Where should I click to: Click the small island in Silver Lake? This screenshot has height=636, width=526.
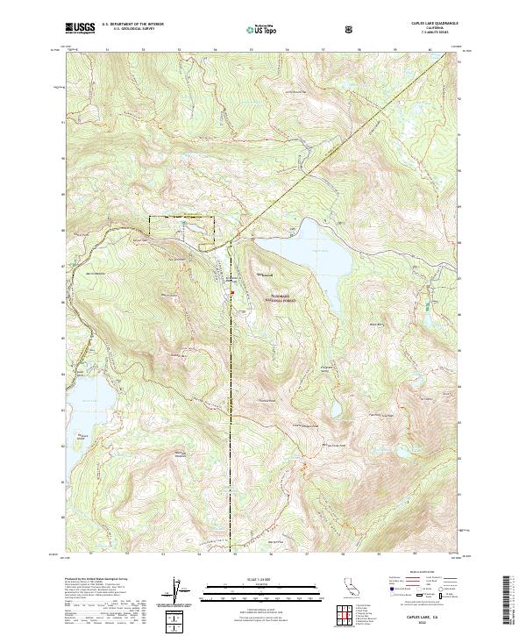[82, 434]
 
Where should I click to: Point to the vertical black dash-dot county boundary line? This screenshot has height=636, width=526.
[231, 395]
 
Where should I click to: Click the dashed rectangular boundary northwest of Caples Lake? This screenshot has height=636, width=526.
[181, 225]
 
